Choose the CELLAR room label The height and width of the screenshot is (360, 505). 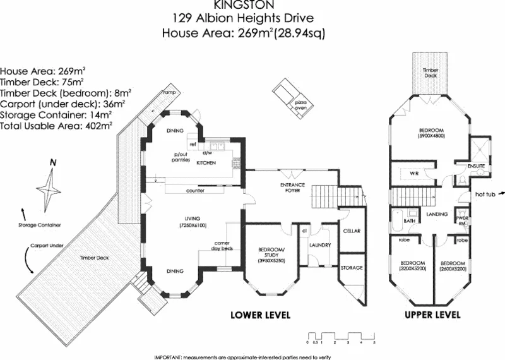(x=351, y=231)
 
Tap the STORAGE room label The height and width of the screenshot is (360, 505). (x=352, y=268)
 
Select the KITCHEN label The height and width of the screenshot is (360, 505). (x=206, y=163)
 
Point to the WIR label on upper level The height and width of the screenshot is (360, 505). (x=415, y=172)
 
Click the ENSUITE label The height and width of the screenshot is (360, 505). (x=476, y=165)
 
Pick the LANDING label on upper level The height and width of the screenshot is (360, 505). (x=437, y=214)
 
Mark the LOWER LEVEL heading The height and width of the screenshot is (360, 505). (x=260, y=315)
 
